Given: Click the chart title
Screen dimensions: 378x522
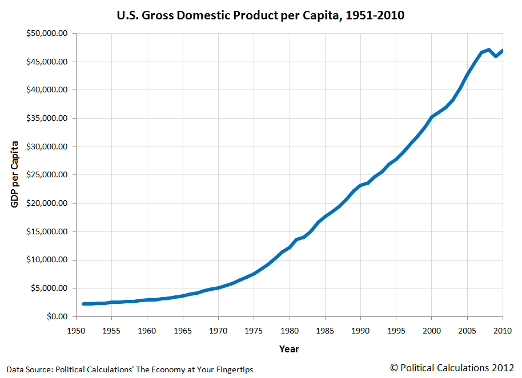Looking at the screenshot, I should click(x=260, y=15).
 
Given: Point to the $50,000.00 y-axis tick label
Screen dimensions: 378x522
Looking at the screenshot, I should click(x=47, y=34).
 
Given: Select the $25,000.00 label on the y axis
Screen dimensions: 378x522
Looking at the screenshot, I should click(x=47, y=175).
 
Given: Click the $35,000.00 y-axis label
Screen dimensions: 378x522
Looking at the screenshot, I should click(x=47, y=119).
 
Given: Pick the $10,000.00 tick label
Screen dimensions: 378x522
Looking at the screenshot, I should click(x=47, y=260).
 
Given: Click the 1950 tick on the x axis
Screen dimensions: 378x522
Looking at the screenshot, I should click(x=76, y=331).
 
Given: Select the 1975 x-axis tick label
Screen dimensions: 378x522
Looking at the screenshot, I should click(x=254, y=331).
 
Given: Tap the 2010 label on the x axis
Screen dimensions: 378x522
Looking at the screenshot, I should click(x=503, y=331).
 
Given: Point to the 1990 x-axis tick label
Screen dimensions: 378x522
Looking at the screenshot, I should click(x=360, y=331).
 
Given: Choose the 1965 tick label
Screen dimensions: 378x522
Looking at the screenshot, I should click(x=183, y=331).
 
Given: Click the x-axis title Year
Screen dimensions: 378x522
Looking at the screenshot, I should click(x=289, y=349).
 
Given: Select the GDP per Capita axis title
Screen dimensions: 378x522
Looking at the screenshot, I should click(x=15, y=174).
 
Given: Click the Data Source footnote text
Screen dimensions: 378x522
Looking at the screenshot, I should click(x=129, y=369).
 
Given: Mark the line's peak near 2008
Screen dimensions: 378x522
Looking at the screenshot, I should click(x=489, y=50).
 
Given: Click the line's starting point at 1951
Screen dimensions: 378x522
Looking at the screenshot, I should click(x=83, y=304).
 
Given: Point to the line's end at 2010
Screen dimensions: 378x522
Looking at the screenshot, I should click(x=503, y=51).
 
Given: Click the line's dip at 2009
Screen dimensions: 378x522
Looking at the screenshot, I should click(x=496, y=56).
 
